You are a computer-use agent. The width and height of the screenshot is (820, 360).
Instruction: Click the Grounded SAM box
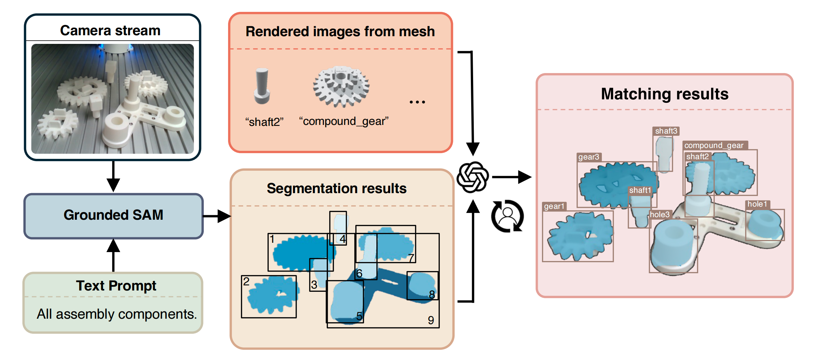point(113,216)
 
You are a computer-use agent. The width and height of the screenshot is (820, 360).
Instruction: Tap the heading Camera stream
point(110,31)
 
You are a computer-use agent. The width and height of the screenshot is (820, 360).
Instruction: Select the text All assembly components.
point(117,314)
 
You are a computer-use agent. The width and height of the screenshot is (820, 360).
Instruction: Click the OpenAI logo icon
point(472,177)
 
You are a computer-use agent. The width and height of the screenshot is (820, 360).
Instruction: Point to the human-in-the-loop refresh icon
point(507,216)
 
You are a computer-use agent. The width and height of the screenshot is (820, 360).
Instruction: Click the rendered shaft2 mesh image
point(262,86)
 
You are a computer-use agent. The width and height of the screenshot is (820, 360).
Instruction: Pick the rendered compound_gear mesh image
point(341,86)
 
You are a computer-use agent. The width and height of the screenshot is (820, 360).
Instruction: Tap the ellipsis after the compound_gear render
point(417,102)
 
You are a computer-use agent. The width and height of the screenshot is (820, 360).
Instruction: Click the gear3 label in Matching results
point(589,157)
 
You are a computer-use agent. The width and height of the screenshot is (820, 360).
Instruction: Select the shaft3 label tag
point(666,131)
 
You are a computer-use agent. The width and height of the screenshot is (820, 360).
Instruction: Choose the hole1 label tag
point(757,204)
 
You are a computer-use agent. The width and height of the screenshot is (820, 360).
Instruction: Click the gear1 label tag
point(554,206)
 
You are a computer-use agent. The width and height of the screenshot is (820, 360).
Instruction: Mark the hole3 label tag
point(660,214)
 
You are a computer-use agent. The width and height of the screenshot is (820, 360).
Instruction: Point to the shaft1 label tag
point(640,190)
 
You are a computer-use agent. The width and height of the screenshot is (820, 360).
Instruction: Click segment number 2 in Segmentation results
point(246,282)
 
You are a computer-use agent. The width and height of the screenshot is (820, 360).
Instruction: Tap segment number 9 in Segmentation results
point(431,320)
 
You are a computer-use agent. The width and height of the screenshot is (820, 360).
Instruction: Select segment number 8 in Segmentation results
point(432,294)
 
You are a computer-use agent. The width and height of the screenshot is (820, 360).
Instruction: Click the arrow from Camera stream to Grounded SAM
point(113,176)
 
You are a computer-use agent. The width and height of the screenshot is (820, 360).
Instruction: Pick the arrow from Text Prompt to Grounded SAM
point(113,255)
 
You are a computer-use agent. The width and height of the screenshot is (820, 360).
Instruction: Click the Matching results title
point(665,94)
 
